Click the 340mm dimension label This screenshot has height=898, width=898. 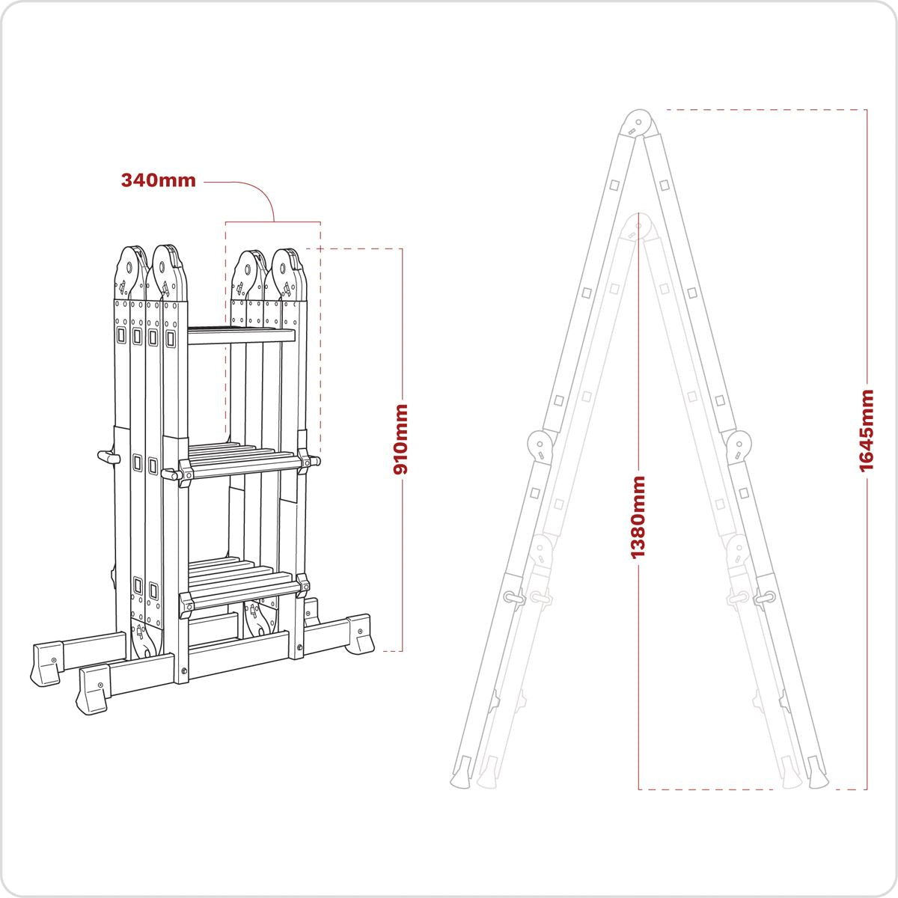tap(158, 180)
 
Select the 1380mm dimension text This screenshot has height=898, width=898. tap(638, 516)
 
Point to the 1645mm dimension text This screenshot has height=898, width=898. tap(867, 430)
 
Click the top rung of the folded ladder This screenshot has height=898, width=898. tap(241, 336)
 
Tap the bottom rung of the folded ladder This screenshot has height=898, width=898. tap(241, 584)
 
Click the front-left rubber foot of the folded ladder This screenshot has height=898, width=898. tap(93, 688)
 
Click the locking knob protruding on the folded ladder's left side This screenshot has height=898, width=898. tap(108, 456)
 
